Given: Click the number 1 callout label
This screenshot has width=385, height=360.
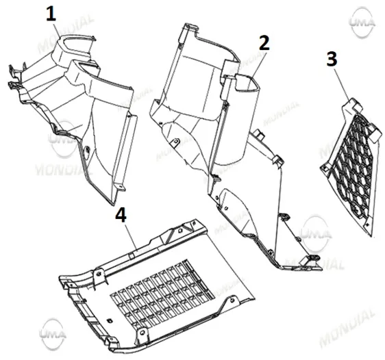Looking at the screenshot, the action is (51, 14).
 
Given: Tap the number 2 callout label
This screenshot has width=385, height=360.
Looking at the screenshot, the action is (264, 43).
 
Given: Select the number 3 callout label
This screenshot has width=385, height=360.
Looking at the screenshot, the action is (332, 59).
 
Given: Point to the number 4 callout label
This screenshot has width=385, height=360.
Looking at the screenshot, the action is (121, 215).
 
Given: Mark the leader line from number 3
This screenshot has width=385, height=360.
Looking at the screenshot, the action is (342, 83).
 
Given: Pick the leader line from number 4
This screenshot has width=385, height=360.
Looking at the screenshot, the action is (132, 236).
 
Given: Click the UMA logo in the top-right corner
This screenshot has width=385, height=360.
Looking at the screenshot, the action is (362, 23).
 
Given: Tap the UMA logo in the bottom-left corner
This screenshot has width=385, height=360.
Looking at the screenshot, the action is (53, 333).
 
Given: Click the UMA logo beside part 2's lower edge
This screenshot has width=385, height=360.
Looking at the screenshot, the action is (316, 233).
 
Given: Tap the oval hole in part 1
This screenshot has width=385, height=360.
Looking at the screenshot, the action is (87, 150).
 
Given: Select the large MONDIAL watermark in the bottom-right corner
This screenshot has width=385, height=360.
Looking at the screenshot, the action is (347, 326).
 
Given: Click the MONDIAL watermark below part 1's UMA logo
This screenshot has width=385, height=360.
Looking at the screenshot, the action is (64, 168).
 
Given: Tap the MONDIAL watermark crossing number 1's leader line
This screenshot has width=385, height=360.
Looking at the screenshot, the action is (66, 34).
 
